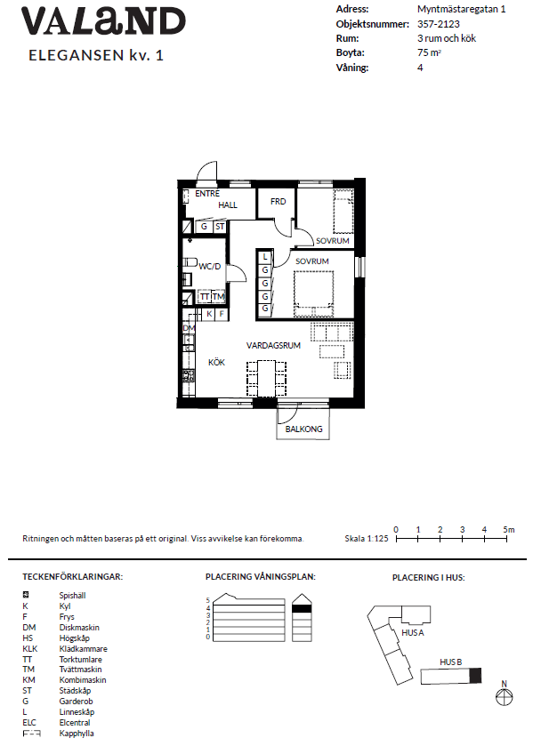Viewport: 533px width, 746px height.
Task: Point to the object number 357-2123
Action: [439, 24]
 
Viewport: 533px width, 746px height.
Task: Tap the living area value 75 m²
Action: [430, 53]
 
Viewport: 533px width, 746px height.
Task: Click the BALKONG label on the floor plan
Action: [303, 429]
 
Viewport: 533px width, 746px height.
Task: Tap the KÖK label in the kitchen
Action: [216, 363]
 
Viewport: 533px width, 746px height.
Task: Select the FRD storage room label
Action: [278, 202]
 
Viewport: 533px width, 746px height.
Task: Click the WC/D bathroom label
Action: [210, 266]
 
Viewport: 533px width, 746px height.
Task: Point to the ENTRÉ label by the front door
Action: [206, 193]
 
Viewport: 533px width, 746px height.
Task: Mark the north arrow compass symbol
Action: [505, 697]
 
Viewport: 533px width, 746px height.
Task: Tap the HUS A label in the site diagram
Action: [411, 632]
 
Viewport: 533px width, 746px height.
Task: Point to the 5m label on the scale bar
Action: [508, 529]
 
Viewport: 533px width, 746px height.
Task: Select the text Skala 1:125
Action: [366, 539]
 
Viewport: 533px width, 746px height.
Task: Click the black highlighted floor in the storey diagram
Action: [303, 608]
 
